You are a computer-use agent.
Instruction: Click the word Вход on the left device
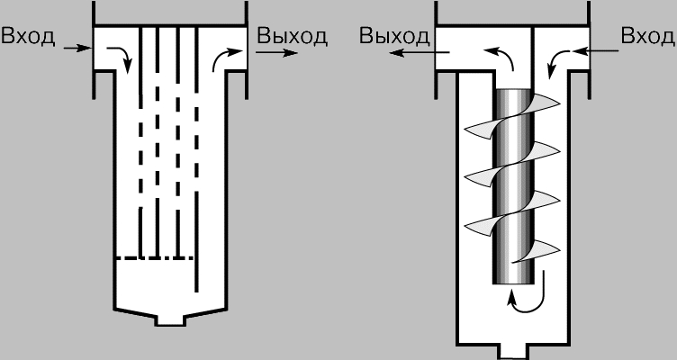coord(28,36)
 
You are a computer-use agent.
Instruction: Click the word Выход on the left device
coord(293,36)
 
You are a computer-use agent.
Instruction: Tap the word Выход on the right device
coord(394,36)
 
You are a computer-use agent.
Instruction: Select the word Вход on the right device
coord(648,36)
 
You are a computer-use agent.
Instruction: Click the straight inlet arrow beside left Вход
coord(77,48)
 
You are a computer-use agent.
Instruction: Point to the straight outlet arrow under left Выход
coord(276,53)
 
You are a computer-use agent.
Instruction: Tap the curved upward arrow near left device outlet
coord(226,59)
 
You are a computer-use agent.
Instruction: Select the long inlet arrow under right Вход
coord(596,51)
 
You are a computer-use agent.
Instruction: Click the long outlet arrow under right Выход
coord(420,53)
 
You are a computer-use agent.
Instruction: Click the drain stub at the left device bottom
coord(170,320)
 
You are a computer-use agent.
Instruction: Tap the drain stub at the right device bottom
coord(514,352)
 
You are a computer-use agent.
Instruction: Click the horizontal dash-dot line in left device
coord(154,258)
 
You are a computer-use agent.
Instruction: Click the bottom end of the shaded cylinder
coord(513,283)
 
